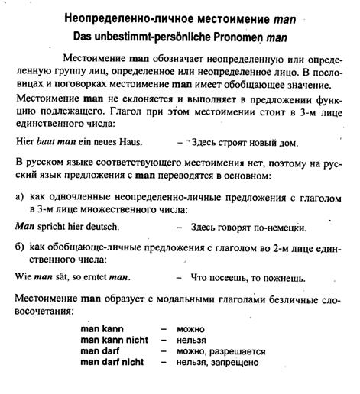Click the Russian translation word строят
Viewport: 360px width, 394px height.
coord(237,142)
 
